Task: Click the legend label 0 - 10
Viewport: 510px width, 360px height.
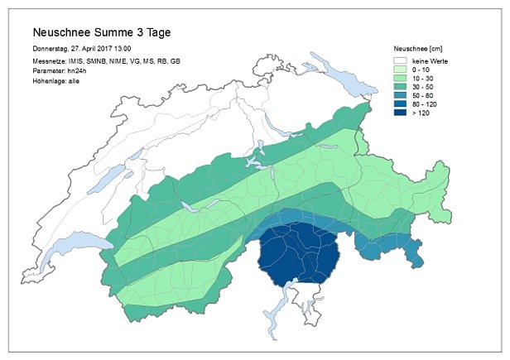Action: (421, 71)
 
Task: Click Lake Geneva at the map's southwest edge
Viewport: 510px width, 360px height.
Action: (83, 249)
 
